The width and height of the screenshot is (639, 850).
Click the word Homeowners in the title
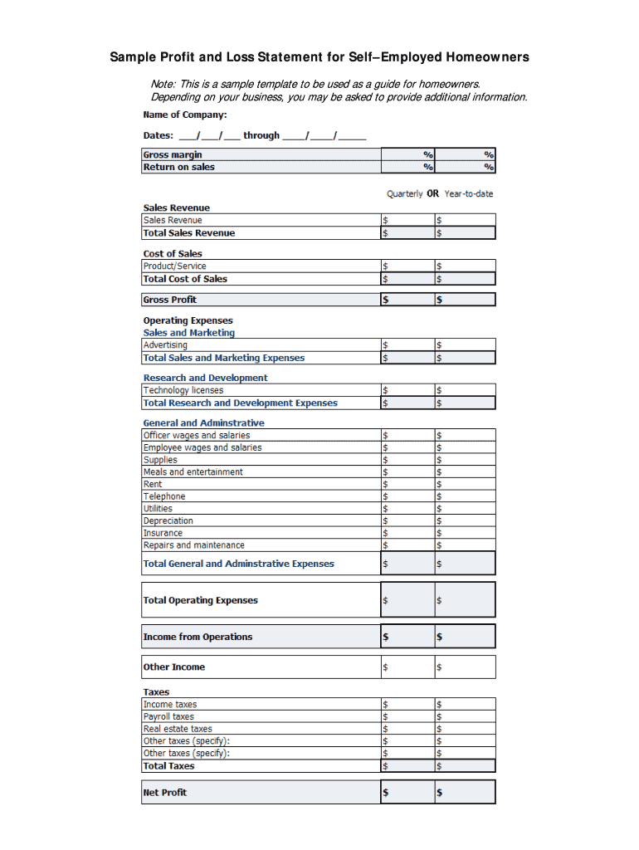(x=487, y=57)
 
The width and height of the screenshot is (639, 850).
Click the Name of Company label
(x=184, y=115)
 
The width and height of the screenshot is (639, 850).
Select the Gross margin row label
(x=173, y=154)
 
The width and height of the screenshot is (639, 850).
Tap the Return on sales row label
(x=178, y=167)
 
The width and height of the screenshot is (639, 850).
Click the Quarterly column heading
(x=404, y=193)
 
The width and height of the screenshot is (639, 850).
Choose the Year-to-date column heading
(x=468, y=193)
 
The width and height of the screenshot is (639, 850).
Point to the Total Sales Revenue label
(x=189, y=233)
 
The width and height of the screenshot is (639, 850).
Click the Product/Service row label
(x=174, y=266)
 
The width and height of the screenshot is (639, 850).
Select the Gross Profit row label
(x=170, y=300)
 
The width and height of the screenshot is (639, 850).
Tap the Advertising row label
(x=165, y=345)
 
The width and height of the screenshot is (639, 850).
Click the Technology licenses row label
(x=183, y=390)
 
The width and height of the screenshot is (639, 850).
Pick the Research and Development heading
(x=205, y=378)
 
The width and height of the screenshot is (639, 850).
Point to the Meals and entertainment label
(x=193, y=472)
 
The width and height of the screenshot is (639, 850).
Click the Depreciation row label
(x=168, y=521)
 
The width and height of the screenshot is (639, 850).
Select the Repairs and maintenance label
(x=194, y=545)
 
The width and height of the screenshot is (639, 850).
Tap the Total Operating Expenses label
(x=201, y=600)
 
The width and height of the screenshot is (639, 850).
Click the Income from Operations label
(x=198, y=637)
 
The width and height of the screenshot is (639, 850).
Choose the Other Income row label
(x=174, y=667)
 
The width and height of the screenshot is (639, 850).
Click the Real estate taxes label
(x=178, y=729)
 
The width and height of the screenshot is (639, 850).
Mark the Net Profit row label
(x=165, y=793)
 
